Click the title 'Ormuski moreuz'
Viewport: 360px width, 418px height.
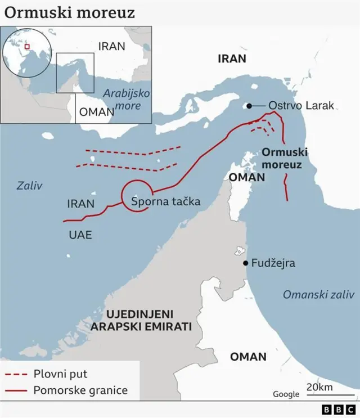point(70,12)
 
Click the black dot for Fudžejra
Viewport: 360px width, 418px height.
point(246,263)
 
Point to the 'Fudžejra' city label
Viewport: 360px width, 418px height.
point(273,263)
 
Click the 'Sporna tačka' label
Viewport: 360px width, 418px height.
point(165,201)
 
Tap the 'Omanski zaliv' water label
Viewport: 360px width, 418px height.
point(318,294)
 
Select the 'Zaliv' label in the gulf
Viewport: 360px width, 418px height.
point(29,186)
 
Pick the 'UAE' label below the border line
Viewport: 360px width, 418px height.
point(80,235)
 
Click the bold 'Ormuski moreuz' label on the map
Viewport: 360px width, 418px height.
point(282,159)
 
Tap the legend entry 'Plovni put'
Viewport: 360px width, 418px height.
point(60,374)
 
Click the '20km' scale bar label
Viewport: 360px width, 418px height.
point(319,387)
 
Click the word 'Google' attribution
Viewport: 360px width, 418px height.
point(286,394)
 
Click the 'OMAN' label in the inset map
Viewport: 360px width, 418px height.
point(96,111)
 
